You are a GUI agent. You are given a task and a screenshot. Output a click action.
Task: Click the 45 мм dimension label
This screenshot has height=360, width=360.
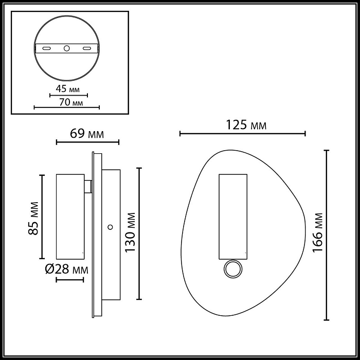click(68, 87)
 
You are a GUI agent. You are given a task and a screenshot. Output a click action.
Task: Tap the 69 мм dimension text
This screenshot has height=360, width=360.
click(87, 134)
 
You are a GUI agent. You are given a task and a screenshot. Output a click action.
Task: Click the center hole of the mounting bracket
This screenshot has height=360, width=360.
click(66, 48)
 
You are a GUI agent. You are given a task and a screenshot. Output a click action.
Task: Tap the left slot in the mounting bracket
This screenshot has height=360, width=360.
click(46, 48)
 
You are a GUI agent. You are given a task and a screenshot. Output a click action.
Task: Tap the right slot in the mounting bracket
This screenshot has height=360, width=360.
click(87, 48)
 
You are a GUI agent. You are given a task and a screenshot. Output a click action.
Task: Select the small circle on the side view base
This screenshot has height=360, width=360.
click(110, 226)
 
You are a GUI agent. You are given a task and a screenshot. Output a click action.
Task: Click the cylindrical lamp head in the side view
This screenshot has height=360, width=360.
click(69, 216)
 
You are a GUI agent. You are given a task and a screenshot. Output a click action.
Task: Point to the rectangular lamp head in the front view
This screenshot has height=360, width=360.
click(232, 216)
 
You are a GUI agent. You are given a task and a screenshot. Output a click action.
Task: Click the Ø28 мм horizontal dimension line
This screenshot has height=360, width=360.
click(69, 280)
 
